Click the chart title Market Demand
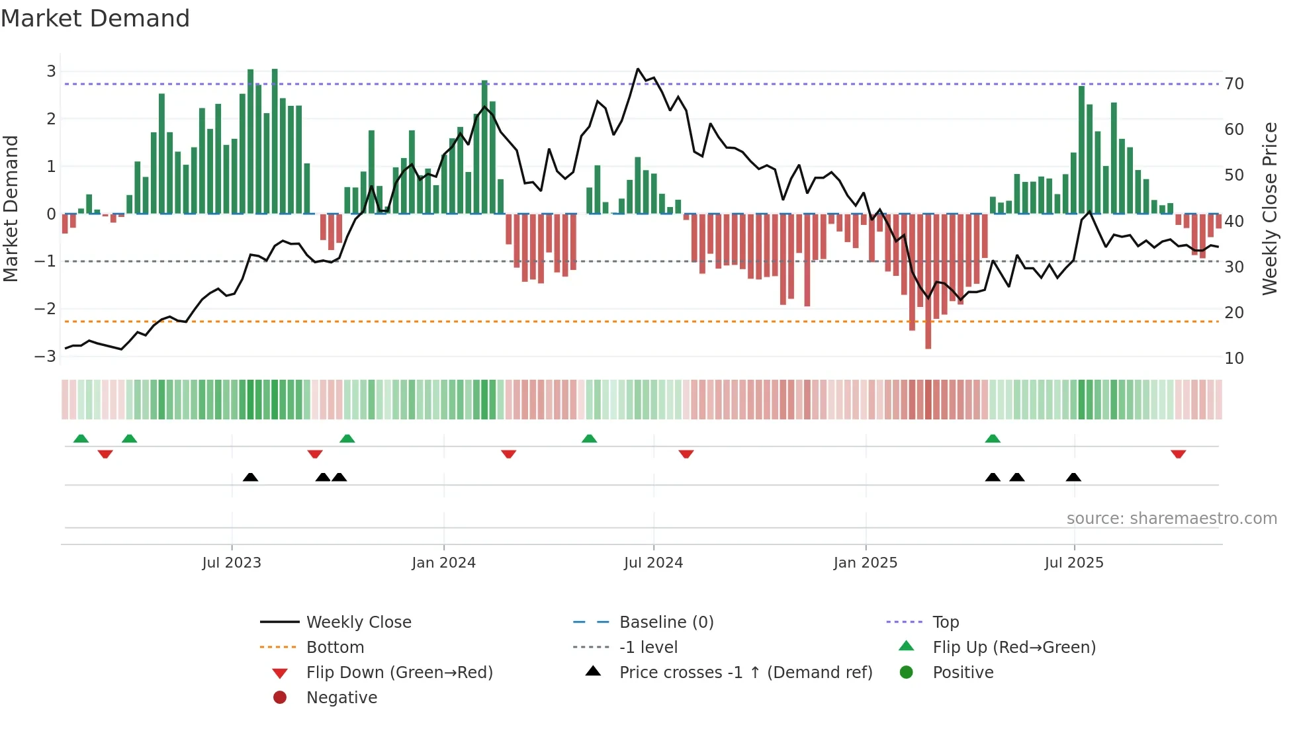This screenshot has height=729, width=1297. pos(95,19)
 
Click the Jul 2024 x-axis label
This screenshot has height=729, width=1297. pos(653,563)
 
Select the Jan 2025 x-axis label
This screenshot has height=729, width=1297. pos(865,563)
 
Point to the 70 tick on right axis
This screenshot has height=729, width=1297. pos(1234,84)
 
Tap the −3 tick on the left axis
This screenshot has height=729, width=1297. pos(46,357)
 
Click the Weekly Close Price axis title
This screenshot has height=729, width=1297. pos(1270,208)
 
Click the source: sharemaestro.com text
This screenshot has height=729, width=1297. pos(1171,519)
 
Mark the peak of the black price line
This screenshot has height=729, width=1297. pos(638,69)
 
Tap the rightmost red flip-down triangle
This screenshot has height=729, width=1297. pos(1178,454)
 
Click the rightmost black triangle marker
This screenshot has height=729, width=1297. pos(1073,477)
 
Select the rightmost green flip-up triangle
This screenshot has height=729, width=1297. pos(993,439)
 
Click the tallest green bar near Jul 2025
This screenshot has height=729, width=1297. pos(1082,150)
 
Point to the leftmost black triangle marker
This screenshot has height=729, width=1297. pos(250,477)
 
